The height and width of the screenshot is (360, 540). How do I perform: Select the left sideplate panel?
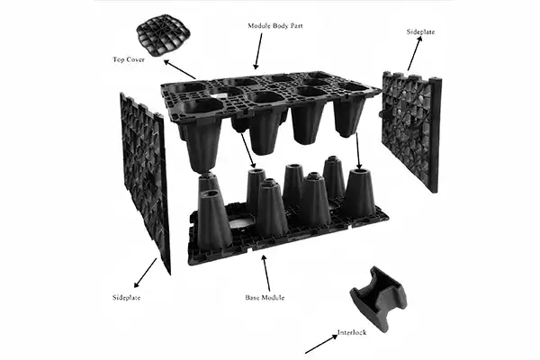tap(144, 180)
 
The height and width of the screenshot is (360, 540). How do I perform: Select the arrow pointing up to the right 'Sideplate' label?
tap(415, 56)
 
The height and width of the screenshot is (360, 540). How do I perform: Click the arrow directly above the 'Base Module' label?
tap(263, 268)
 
